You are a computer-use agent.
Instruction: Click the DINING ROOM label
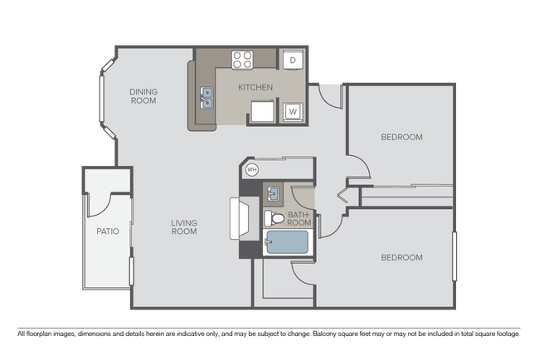coord(143,96)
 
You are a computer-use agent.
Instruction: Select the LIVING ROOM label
coord(184,226)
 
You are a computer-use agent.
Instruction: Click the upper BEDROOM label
coord(401,137)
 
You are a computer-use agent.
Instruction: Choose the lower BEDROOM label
coord(401,258)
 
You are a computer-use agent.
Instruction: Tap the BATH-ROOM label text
coord(299,219)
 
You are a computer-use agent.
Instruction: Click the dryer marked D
coord(293,61)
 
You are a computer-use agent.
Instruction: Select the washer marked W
coord(293,111)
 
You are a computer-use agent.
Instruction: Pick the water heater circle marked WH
coord(253,170)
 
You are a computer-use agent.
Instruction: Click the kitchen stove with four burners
coord(242,60)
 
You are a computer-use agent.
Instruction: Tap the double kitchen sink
coord(206,99)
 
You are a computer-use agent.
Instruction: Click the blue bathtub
coord(285,244)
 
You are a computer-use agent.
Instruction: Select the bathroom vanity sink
coord(273,195)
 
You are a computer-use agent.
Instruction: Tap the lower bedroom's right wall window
coord(454,256)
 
